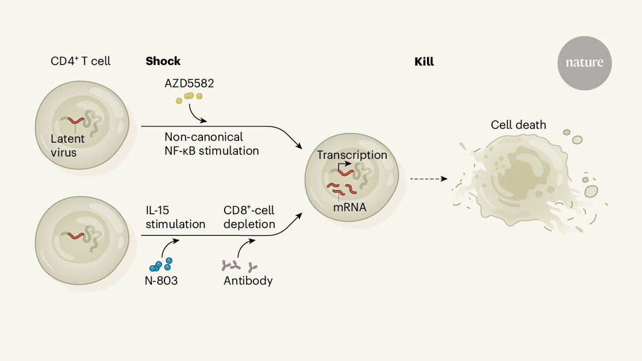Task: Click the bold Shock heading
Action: [x=163, y=61]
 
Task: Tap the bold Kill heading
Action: [x=424, y=61]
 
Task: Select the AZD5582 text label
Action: [x=189, y=83]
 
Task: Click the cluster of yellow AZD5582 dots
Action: [x=189, y=97]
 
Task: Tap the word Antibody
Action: [x=248, y=280]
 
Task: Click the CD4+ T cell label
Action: [x=81, y=61]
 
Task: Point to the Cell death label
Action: [x=518, y=125]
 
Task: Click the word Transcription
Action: [x=352, y=155]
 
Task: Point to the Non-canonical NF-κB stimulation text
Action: [x=211, y=144]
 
